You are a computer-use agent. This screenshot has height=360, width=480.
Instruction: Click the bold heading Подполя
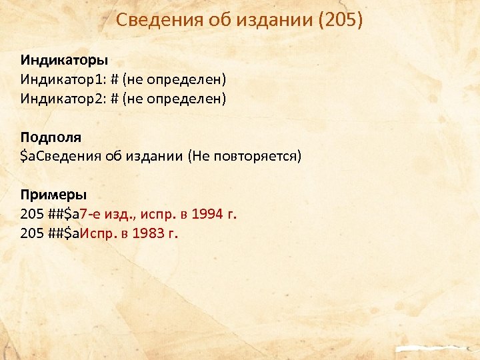click(x=51, y=137)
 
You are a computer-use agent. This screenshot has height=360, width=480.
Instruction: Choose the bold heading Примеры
click(x=53, y=195)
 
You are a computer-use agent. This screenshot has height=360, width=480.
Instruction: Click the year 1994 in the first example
click(x=207, y=215)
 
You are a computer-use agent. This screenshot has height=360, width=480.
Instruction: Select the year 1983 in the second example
click(x=151, y=234)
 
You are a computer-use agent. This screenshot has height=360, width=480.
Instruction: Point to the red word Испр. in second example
click(x=100, y=234)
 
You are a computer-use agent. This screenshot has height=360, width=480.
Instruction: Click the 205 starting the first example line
click(x=31, y=215)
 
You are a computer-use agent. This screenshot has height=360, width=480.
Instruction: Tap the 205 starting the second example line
click(x=31, y=234)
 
